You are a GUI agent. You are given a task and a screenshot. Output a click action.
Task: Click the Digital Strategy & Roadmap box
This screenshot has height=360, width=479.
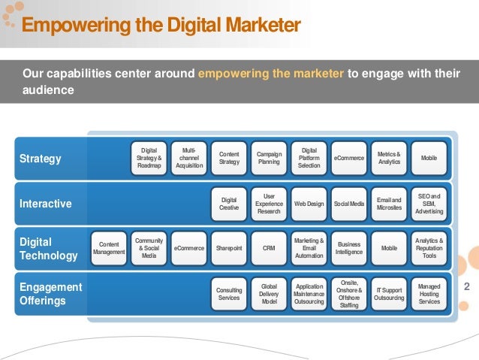pyautogui.click(x=149, y=158)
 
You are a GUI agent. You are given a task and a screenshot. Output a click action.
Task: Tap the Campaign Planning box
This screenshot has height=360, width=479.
pyautogui.click(x=269, y=158)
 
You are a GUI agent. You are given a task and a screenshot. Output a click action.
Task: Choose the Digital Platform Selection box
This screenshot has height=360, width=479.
pyautogui.click(x=309, y=158)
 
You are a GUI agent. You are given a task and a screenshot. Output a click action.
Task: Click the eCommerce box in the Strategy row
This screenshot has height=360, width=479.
pyautogui.click(x=349, y=158)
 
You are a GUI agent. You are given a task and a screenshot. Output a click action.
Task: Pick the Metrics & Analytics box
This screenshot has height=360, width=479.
pyautogui.click(x=389, y=158)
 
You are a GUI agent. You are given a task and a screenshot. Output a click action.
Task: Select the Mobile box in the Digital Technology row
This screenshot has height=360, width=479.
pyautogui.click(x=389, y=247)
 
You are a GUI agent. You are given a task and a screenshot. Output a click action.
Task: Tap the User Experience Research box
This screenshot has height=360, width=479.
pyautogui.click(x=269, y=203)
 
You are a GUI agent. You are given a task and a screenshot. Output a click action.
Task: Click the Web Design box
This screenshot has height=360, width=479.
pyautogui.click(x=309, y=203)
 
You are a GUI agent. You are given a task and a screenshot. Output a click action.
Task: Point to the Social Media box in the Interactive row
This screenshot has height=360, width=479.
pyautogui.click(x=349, y=203)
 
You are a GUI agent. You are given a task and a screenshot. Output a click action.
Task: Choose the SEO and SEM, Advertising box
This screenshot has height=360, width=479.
pyautogui.click(x=429, y=203)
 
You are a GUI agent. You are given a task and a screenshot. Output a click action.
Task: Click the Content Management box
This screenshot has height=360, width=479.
pyautogui.click(x=109, y=247)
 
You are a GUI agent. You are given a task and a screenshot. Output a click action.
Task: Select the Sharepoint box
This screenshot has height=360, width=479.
pyautogui.click(x=229, y=247)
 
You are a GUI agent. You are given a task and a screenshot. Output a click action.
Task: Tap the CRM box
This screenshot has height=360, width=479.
pyautogui.click(x=269, y=247)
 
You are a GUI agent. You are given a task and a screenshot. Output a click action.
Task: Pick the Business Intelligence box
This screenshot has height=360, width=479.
pyautogui.click(x=349, y=247)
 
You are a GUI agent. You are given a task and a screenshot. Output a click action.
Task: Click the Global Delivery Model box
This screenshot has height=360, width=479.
pyautogui.click(x=269, y=294)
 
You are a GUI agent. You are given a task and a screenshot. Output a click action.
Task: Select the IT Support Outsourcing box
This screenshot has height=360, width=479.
pyautogui.click(x=389, y=294)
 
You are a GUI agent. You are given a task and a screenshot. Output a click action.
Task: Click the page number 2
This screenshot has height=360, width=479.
pyautogui.click(x=467, y=287)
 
